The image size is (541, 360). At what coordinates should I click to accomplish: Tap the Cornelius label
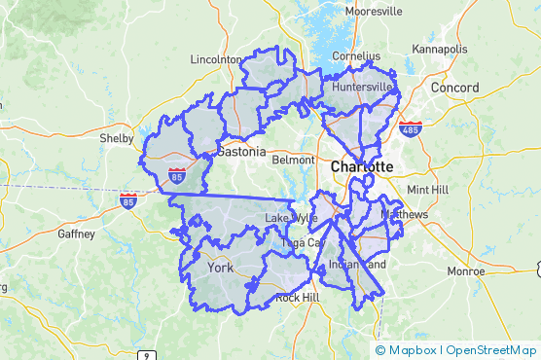click(355, 56)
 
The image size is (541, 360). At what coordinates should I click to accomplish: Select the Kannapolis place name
click(440, 49)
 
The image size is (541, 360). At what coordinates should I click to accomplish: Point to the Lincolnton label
click(216, 59)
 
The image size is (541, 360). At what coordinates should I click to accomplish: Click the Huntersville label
click(361, 87)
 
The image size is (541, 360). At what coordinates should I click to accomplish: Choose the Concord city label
click(455, 88)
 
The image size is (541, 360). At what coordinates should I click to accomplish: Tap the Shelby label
click(116, 138)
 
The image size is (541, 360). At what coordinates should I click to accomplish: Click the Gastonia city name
click(240, 152)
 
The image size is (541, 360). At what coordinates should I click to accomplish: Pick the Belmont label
click(293, 159)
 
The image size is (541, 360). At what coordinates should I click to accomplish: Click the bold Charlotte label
click(362, 166)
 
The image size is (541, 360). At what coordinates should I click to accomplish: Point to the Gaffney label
click(77, 234)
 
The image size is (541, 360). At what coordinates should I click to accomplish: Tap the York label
click(221, 268)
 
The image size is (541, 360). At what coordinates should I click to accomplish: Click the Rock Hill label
click(297, 297)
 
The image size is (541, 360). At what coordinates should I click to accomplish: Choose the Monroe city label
click(465, 270)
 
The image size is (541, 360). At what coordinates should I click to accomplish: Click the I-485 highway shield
click(410, 128)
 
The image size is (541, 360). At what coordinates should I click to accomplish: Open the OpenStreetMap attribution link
click(491, 350)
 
